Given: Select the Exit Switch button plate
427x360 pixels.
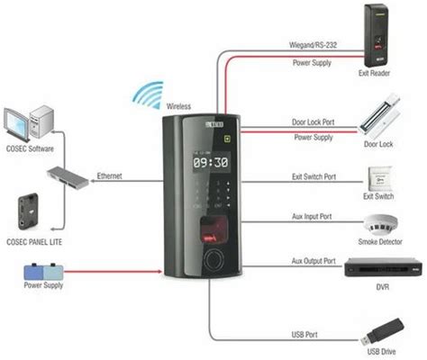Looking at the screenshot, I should pyautogui.click(x=378, y=177).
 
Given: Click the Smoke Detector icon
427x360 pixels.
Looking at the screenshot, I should pyautogui.click(x=378, y=223).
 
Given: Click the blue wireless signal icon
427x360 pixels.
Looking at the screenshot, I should pyautogui.click(x=147, y=94).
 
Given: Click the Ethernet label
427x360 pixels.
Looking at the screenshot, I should pyautogui.click(x=109, y=175).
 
